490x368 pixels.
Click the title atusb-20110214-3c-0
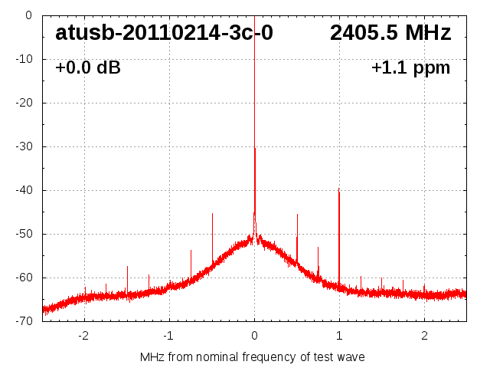tap(164, 33)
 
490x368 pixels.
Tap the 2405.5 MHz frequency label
tap(390, 33)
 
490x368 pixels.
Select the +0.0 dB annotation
tap(88, 67)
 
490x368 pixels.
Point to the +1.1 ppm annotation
tap(410, 67)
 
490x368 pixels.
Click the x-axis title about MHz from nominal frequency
tap(253, 356)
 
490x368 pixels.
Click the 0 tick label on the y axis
tap(28, 15)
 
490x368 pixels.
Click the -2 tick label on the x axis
tap(83, 335)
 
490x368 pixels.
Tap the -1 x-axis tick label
tap(168, 335)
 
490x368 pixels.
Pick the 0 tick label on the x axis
tap(254, 335)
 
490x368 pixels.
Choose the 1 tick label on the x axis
tap(339, 335)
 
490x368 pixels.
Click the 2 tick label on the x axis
tap(424, 335)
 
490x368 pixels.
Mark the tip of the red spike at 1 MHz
tap(338, 189)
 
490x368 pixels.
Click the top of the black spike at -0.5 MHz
tap(212, 214)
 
